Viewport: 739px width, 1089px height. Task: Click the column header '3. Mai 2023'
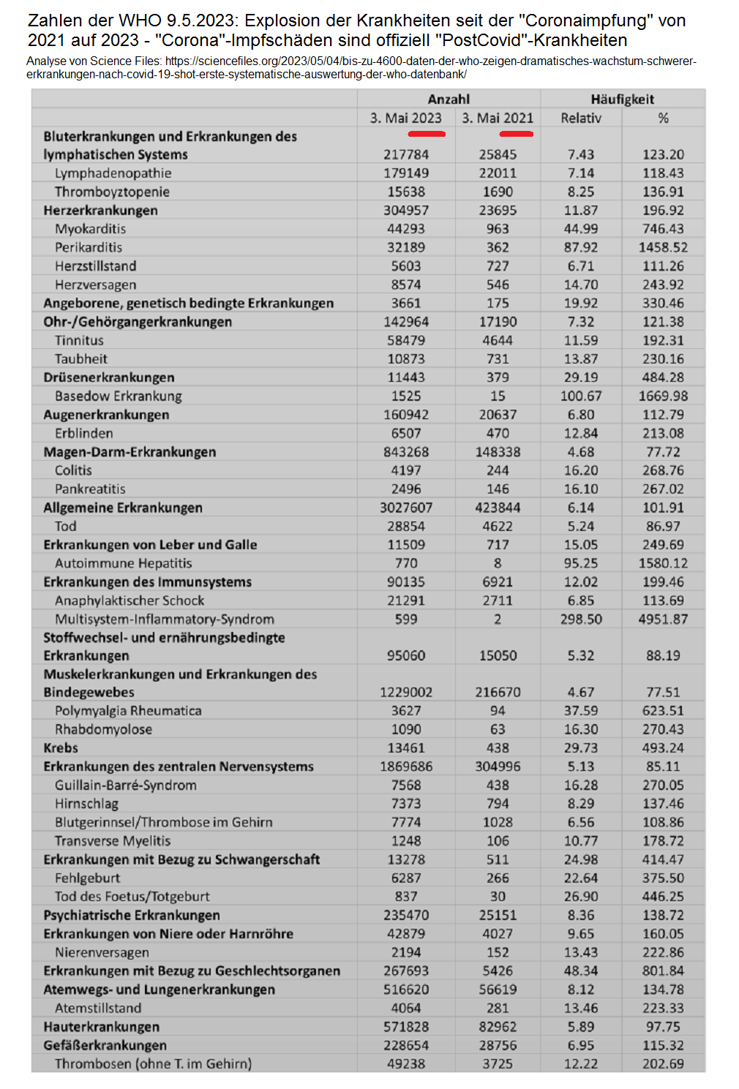405,118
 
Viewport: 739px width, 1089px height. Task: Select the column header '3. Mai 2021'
498,118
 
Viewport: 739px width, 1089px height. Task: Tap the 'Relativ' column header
581,118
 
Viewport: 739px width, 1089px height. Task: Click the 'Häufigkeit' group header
622,99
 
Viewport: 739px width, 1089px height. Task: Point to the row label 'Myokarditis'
90,229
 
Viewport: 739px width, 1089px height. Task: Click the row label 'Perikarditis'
89,247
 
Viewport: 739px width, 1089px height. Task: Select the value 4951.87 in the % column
663,619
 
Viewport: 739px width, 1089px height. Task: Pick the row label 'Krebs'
61,747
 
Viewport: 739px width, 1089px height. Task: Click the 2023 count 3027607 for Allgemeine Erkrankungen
406,508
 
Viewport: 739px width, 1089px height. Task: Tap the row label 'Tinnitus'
79,340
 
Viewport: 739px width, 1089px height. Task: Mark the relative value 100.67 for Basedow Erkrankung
581,396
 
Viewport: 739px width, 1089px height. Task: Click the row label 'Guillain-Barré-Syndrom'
126,785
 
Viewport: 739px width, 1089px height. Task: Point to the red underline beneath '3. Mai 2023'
427,134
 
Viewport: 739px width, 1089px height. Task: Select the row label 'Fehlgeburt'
87,878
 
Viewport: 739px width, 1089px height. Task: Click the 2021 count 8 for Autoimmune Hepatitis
498,563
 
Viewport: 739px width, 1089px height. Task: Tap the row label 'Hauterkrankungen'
101,1026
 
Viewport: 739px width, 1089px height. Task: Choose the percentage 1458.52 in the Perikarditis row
663,247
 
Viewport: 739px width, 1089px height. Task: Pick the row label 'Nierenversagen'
102,952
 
